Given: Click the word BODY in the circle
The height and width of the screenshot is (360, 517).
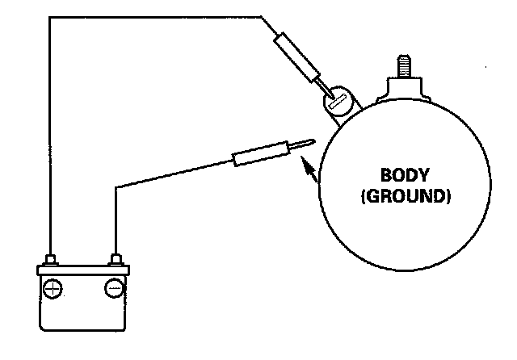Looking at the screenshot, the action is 406,174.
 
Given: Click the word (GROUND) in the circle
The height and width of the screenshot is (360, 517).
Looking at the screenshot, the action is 406,195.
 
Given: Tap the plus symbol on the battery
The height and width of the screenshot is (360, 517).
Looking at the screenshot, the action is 53,287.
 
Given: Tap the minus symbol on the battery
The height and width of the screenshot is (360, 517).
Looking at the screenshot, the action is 114,287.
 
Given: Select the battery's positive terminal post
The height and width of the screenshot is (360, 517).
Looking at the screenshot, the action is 51,259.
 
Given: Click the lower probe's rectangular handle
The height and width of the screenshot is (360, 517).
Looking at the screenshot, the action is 260,153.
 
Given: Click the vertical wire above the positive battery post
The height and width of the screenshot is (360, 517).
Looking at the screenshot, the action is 50,137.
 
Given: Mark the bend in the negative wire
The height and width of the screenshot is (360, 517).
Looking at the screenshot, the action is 116,186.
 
